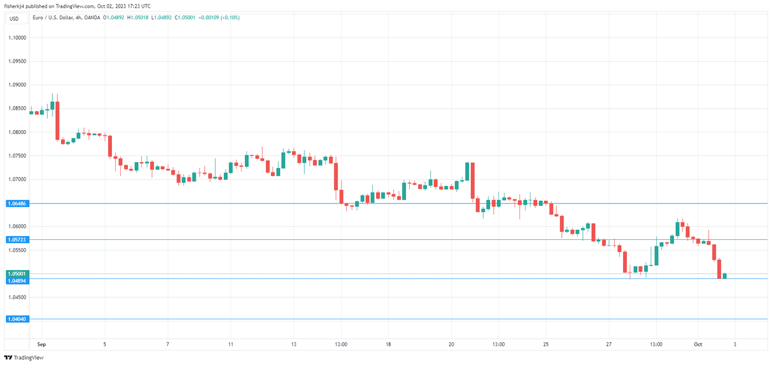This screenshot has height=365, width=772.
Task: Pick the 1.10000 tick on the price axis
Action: [18, 38]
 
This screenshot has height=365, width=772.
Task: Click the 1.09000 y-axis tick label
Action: [18, 85]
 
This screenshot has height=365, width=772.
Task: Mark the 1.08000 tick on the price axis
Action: [18, 132]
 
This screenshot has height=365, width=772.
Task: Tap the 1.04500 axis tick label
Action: [18, 297]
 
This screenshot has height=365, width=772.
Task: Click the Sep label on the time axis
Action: [41, 345]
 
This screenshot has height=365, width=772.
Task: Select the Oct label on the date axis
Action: [698, 345]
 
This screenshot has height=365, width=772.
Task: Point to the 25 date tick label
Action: [545, 345]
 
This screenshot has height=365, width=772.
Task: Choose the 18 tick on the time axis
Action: [388, 345]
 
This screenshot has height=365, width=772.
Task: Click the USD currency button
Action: [14, 19]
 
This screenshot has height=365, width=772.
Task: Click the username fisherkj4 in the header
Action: [17, 7]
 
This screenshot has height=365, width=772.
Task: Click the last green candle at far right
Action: [725, 276]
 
